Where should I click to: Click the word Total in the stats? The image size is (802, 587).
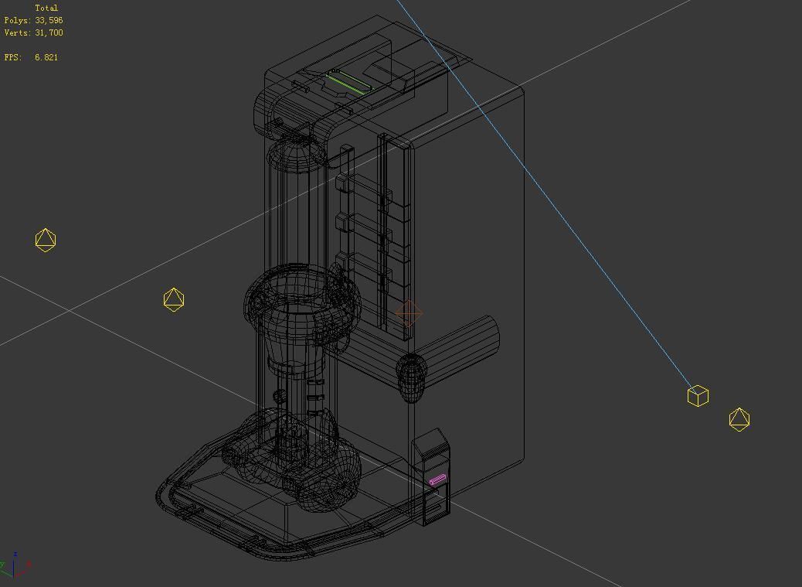[46, 8]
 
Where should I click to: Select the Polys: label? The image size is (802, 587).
[18, 20]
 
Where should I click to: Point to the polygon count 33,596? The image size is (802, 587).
[49, 20]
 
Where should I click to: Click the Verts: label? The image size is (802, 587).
[18, 32]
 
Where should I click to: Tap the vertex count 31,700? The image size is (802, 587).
[49, 32]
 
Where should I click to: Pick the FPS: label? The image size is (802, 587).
[13, 57]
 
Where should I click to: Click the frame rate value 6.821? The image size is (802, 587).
[46, 57]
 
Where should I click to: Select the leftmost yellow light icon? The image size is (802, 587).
[46, 240]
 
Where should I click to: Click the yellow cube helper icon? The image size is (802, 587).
[698, 396]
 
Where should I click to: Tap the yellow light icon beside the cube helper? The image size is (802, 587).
[739, 419]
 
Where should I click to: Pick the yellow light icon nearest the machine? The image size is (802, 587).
[174, 299]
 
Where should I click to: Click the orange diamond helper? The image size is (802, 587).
[408, 313]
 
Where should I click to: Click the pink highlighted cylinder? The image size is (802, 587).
[437, 480]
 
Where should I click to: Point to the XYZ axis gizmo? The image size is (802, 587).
[15, 566]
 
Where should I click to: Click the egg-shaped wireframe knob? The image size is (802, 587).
[411, 377]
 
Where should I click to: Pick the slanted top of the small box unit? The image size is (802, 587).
[430, 442]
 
